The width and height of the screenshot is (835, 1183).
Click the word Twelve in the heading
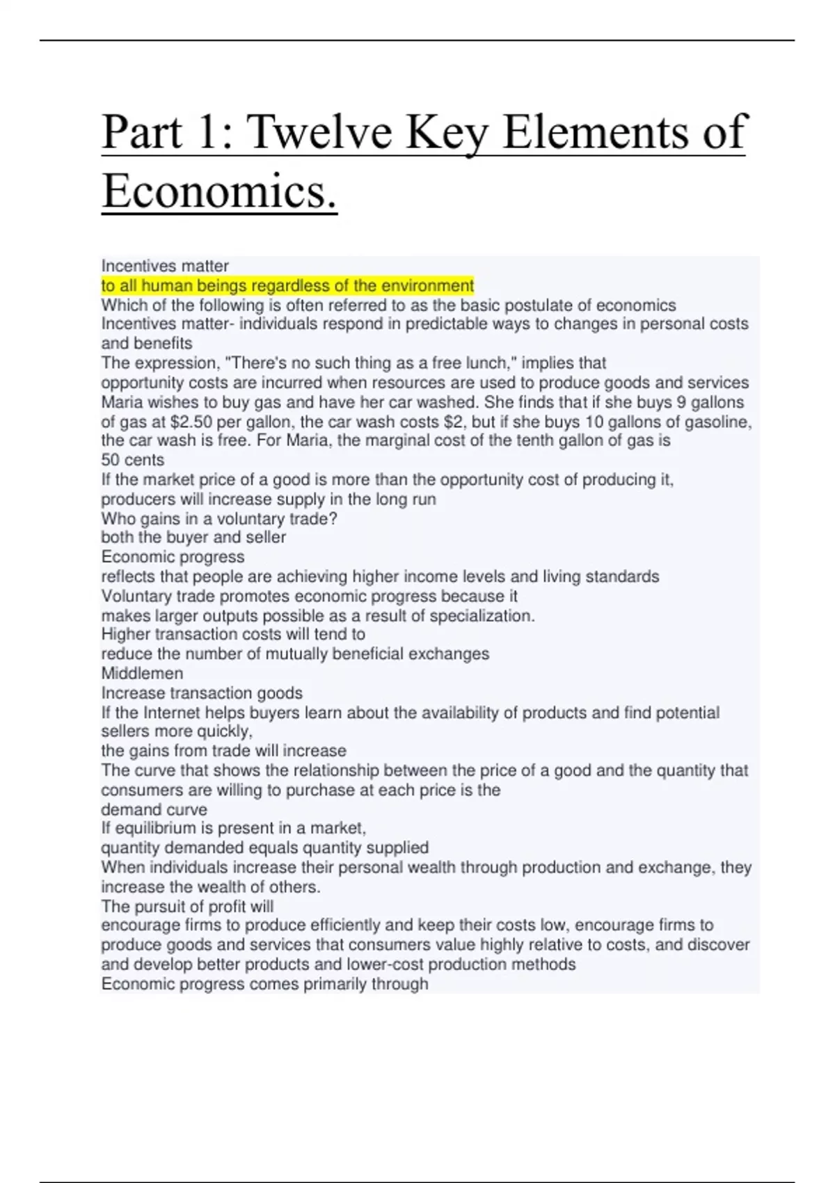pos(319,132)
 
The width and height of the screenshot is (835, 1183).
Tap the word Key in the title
pos(447,132)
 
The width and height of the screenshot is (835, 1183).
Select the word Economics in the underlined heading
pos(219,191)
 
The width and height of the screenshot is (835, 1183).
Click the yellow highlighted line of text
pos(287,285)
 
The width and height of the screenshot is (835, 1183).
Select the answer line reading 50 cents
pos(133,460)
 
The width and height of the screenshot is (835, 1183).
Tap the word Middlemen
pos(143,673)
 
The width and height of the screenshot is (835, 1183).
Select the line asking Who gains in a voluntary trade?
pos(219,518)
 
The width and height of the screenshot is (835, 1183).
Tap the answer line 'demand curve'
pos(154,809)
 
